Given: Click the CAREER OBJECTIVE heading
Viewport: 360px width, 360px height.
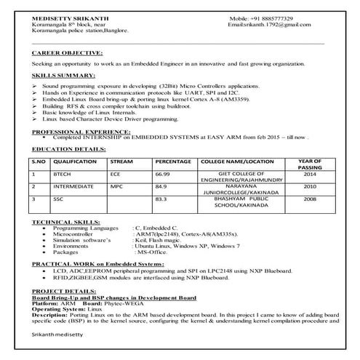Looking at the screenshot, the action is click(x=67, y=54).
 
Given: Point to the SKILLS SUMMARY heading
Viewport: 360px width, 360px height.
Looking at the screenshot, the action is click(x=63, y=76).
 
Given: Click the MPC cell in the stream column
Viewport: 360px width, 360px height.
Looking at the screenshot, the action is click(x=117, y=186).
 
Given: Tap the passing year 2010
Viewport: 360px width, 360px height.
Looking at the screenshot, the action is click(x=310, y=186).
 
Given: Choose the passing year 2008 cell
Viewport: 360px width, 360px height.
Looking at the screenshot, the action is click(x=310, y=198).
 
